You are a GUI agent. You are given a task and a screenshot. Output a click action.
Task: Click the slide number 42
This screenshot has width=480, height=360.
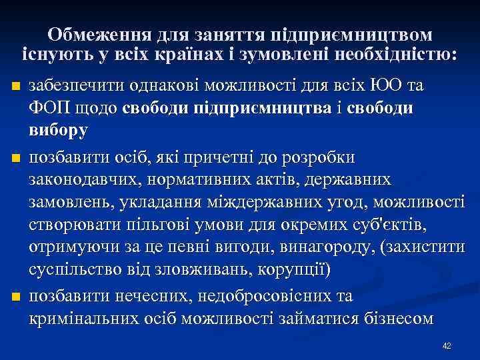[447, 345]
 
